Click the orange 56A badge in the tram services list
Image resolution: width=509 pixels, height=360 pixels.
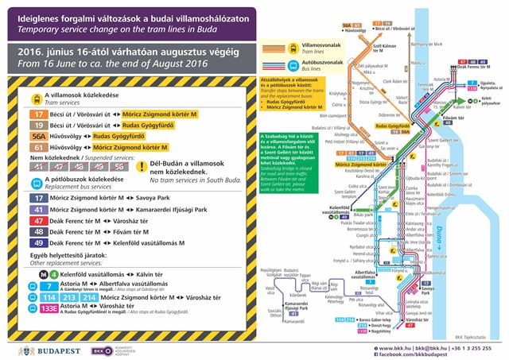point(38,136)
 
